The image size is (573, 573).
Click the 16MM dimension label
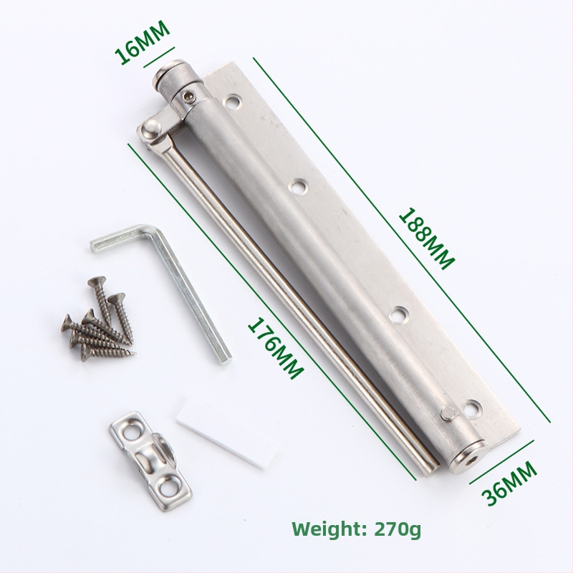coord(143,43)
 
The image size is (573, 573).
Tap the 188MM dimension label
coord(426,239)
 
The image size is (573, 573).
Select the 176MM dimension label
coord(276,348)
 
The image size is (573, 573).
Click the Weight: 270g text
coord(357,529)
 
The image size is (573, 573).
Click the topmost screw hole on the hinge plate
coord(232,102)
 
